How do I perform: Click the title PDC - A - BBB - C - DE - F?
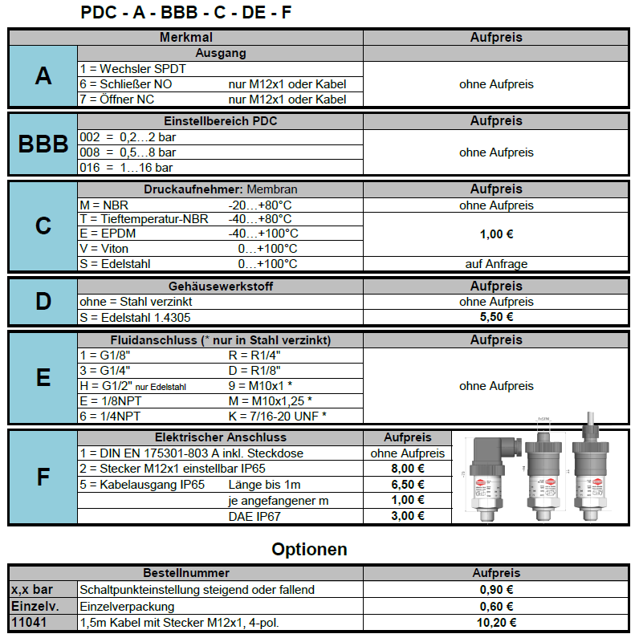(x=186, y=13)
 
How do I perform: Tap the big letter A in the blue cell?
(x=43, y=76)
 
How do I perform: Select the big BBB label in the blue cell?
(x=43, y=144)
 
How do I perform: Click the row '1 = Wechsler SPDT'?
(x=132, y=69)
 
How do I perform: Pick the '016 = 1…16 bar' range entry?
(x=126, y=168)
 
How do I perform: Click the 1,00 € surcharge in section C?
(x=496, y=234)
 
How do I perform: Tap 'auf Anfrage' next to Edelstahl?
(x=496, y=264)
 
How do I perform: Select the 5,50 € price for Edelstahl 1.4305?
(x=496, y=317)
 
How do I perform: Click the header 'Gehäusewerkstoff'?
(x=221, y=286)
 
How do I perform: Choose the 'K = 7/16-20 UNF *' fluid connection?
(x=278, y=416)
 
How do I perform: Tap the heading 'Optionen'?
(x=309, y=550)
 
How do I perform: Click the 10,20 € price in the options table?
(x=496, y=622)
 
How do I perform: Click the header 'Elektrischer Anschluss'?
(x=221, y=438)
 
